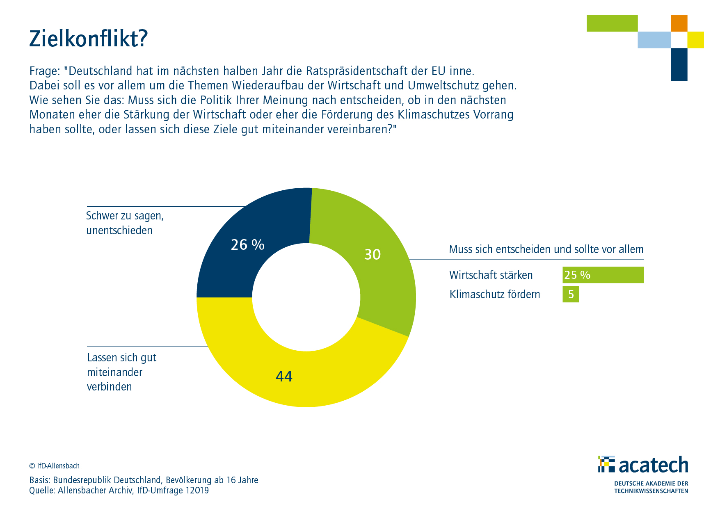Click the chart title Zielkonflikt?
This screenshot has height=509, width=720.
point(88,39)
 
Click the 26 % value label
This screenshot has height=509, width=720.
point(247,245)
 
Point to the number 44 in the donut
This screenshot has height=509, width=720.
point(284,376)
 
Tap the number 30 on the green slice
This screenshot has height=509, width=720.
point(373,255)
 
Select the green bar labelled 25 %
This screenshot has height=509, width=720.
point(603,275)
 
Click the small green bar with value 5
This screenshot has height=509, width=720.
point(571,294)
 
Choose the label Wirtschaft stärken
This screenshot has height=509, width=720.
point(491,275)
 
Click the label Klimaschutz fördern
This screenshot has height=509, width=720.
point(494,294)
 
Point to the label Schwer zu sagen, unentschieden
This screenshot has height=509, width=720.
point(125,223)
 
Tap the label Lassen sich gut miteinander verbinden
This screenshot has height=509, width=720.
point(121,372)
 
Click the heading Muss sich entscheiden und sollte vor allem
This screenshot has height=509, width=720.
point(546,249)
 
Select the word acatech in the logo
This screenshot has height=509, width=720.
point(653,465)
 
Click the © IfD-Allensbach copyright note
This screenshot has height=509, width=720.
point(54,466)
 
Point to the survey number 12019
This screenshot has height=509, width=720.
point(197,491)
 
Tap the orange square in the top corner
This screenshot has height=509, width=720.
point(679,23)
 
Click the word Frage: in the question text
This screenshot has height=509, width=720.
point(45,71)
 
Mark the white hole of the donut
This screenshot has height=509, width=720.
point(306,297)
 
